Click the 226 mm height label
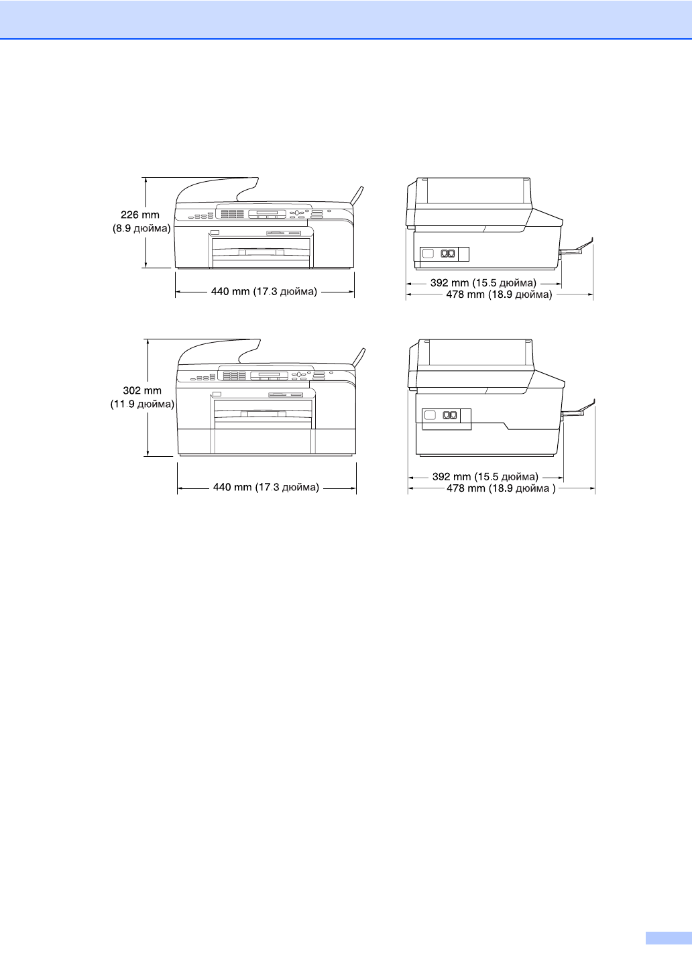click(140, 215)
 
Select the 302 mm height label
click(142, 390)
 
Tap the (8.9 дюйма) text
click(141, 229)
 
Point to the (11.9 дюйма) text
click(142, 404)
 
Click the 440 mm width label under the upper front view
click(264, 292)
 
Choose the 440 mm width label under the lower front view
click(266, 488)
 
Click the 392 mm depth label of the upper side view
click(483, 283)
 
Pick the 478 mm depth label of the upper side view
click(499, 294)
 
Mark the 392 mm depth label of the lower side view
click(485, 477)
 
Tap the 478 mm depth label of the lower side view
click(501, 488)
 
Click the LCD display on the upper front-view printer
click(267, 213)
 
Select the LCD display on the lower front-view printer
click(269, 374)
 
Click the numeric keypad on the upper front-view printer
click(232, 214)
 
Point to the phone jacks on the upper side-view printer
click(448, 254)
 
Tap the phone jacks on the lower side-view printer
click(450, 415)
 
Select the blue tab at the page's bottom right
click(668, 938)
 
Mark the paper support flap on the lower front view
click(361, 356)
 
